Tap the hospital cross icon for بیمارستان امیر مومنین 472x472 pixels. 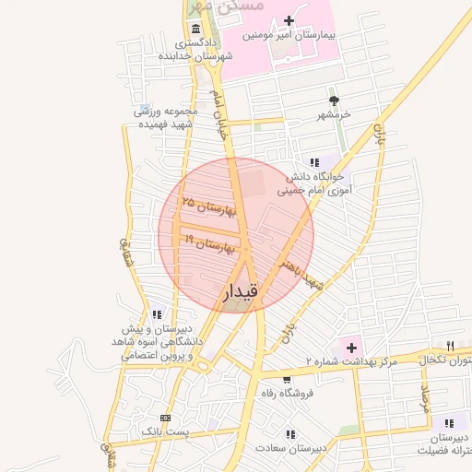click(x=289, y=20)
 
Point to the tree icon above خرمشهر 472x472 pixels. click(x=333, y=100)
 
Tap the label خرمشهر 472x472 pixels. click(x=333, y=115)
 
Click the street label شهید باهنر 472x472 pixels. click(x=302, y=273)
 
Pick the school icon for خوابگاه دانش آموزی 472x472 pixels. click(x=315, y=162)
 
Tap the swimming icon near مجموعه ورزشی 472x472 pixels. click(x=142, y=110)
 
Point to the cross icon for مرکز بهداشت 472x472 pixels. click(x=350, y=348)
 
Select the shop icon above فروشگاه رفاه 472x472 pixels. click(x=287, y=379)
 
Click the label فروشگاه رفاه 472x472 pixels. click(x=287, y=394)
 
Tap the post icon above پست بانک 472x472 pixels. click(x=165, y=417)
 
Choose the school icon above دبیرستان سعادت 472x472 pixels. click(x=291, y=434)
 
